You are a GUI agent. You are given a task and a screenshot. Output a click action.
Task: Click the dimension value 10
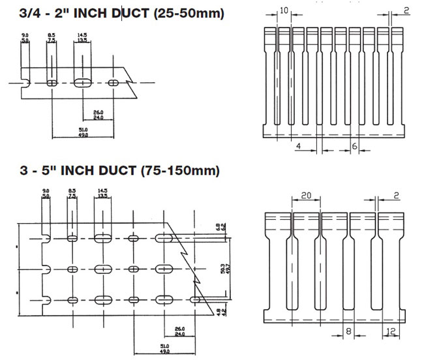pyautogui.click(x=283, y=10)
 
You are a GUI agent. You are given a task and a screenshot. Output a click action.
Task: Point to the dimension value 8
pyautogui.click(x=348, y=331)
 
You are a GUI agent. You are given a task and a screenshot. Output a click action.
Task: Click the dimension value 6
pyautogui.click(x=355, y=147)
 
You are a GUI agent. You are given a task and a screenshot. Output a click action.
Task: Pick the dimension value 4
pyautogui.click(x=298, y=147)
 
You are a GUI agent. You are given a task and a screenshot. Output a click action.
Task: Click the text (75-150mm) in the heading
pyautogui.click(x=180, y=171)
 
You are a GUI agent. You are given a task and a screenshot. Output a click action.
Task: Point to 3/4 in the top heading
pyautogui.click(x=16, y=11)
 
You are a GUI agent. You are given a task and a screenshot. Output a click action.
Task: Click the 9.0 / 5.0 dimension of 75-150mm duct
pyautogui.click(x=44, y=193)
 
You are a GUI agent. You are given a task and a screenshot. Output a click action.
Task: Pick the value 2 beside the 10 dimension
pyautogui.click(x=406, y=10)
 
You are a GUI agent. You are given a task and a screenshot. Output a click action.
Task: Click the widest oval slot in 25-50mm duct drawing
pyautogui.click(x=83, y=83)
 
